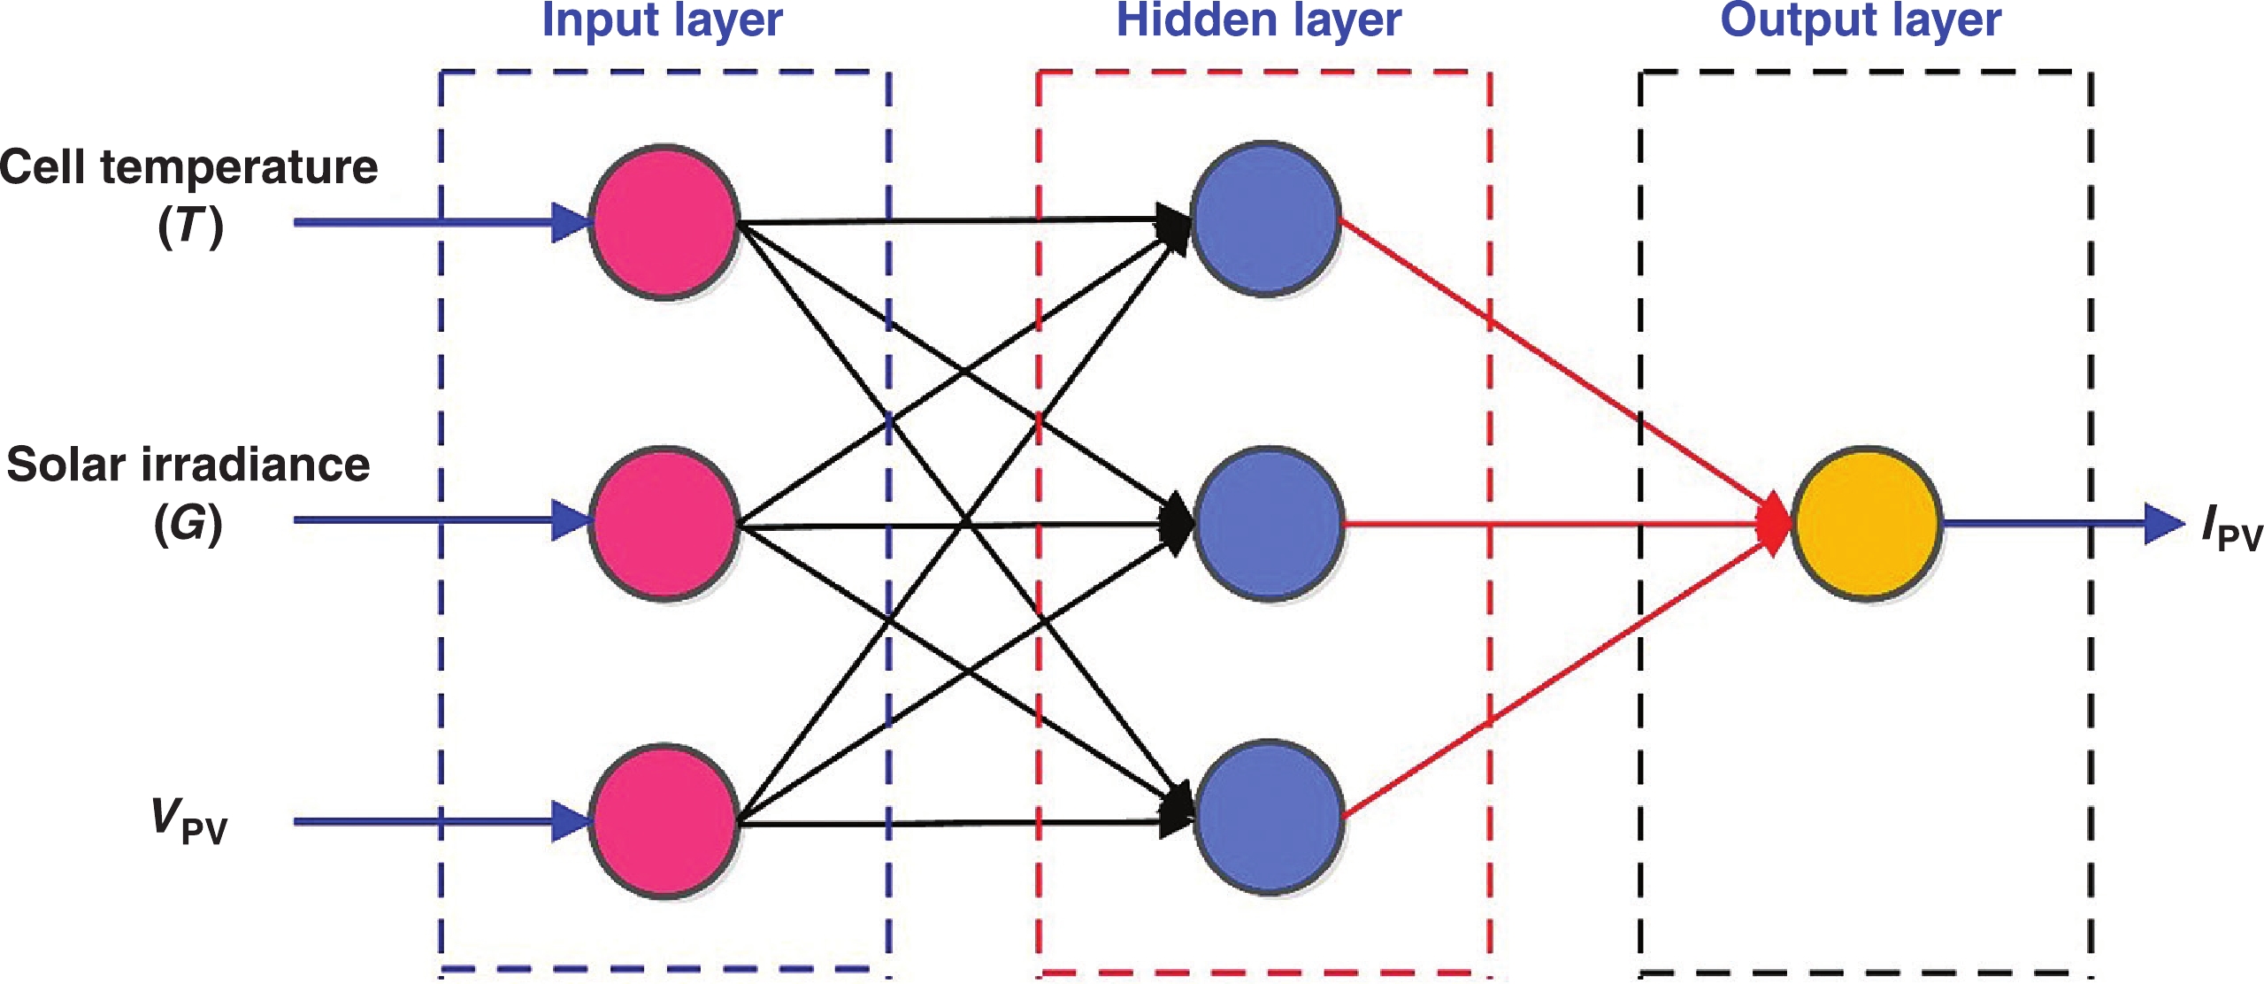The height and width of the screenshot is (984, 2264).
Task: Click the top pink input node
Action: [x=664, y=221]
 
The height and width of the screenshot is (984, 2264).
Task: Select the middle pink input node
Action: [x=664, y=524]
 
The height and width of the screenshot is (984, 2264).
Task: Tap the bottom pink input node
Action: [x=664, y=821]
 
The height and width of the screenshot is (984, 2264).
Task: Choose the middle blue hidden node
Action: [x=1269, y=524]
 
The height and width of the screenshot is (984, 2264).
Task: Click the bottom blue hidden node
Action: [x=1269, y=817]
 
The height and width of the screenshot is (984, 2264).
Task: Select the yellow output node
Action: [x=1867, y=523]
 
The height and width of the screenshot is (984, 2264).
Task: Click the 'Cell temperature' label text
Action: [x=188, y=166]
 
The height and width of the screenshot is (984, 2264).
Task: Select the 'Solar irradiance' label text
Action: [x=188, y=465]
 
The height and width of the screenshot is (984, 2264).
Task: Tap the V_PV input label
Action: [x=188, y=820]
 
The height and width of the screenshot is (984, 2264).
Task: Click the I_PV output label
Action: [x=2230, y=527]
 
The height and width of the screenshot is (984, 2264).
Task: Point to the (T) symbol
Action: [x=190, y=227]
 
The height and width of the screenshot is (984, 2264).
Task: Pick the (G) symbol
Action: [x=188, y=523]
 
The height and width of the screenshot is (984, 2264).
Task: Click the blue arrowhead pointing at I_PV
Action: [x=2163, y=524]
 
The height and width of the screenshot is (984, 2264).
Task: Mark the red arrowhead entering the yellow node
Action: [x=1774, y=524]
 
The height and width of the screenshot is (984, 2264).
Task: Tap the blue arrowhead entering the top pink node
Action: [x=571, y=222]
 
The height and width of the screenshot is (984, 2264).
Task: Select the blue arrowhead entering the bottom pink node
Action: [x=571, y=821]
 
